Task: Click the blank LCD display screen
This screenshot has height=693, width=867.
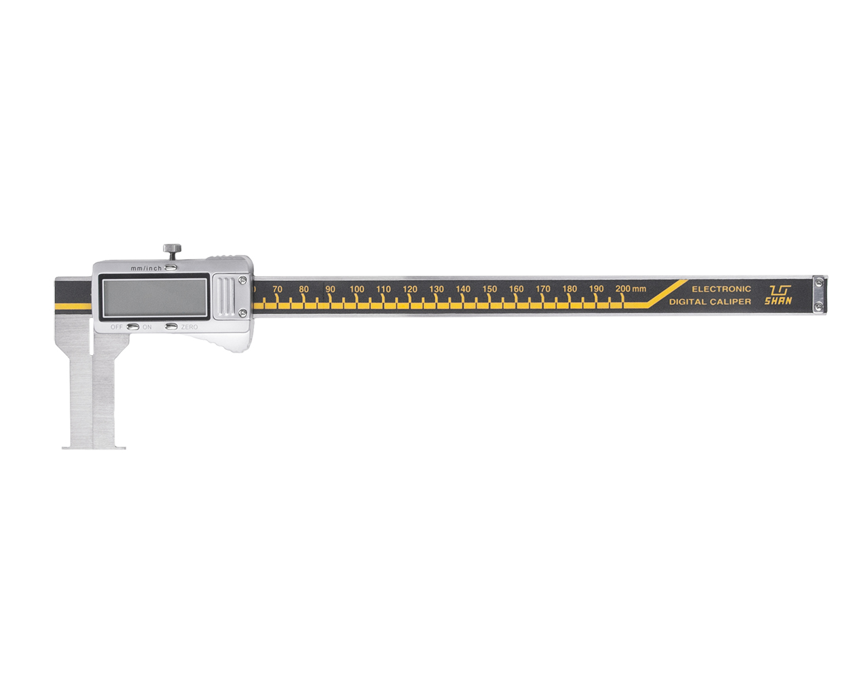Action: click(x=154, y=298)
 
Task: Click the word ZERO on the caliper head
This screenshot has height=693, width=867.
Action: click(x=190, y=327)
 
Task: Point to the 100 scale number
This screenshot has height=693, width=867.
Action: click(x=356, y=289)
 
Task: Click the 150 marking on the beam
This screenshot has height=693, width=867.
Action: click(x=490, y=289)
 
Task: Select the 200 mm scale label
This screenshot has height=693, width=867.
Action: click(x=631, y=288)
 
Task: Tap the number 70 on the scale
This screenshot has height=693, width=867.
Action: click(x=277, y=289)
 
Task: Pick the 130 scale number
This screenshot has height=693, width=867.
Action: click(x=436, y=289)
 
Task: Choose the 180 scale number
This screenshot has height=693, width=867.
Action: click(x=569, y=289)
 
